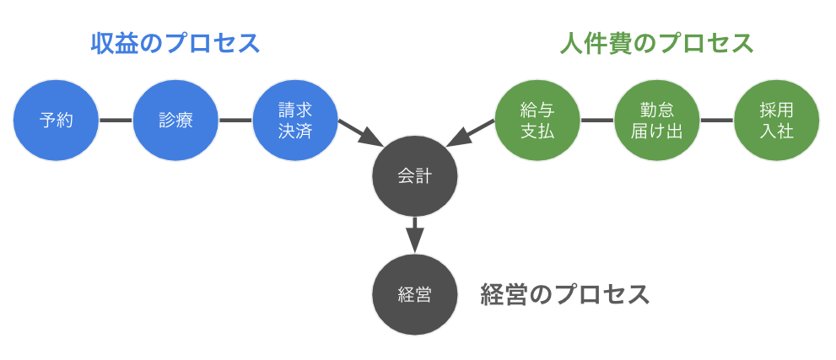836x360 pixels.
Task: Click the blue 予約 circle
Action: pyautogui.click(x=57, y=120)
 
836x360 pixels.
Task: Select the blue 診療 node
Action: pyautogui.click(x=175, y=120)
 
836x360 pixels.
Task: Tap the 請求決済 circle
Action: pyautogui.click(x=295, y=120)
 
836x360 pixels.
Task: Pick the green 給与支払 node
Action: pyautogui.click(x=537, y=120)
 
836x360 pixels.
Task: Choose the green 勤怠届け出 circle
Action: pyautogui.click(x=657, y=120)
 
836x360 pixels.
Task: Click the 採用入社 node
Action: pyautogui.click(x=777, y=120)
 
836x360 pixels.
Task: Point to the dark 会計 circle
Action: pyautogui.click(x=415, y=176)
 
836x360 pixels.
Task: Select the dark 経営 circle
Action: pyautogui.click(x=415, y=294)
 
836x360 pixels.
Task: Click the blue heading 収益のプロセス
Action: pyautogui.click(x=175, y=43)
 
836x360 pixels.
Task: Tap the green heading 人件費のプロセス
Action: pyautogui.click(x=657, y=43)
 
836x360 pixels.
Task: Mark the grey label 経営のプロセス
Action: pyautogui.click(x=565, y=294)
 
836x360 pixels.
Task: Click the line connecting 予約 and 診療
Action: pyautogui.click(x=116, y=120)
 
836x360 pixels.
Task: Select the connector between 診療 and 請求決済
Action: pyautogui.click(x=235, y=120)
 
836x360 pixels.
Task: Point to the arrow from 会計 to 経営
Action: pyautogui.click(x=414, y=234)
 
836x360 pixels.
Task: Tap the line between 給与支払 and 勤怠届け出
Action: pyautogui.click(x=597, y=120)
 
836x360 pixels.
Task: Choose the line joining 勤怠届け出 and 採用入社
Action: pyautogui.click(x=717, y=120)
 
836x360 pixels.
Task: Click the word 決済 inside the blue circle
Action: pyautogui.click(x=295, y=131)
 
